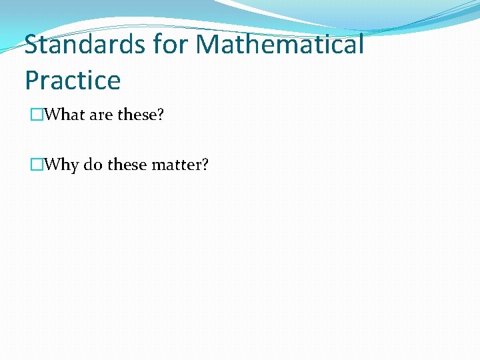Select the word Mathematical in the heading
pos(281,45)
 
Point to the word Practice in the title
pos(73,81)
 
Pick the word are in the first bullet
pos(101,115)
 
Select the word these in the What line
pos(137,115)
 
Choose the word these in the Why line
pos(127,164)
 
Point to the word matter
pos(176,164)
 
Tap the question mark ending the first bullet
pos(160,115)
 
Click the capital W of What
pos(51,115)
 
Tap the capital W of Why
pos(51,164)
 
